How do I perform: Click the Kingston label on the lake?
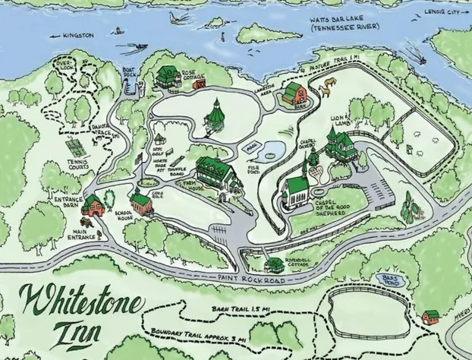point(77,35)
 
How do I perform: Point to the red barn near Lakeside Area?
point(294,95)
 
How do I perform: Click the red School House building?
point(141,203)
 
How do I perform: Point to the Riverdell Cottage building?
point(275,264)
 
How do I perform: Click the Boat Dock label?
point(130,74)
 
